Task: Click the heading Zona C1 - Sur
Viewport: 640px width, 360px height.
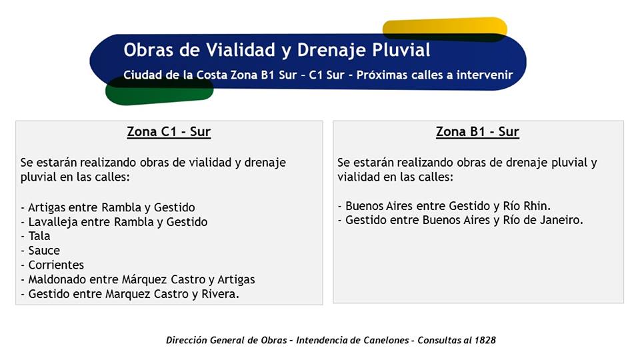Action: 169,132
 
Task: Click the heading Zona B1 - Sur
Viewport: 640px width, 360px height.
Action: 477,132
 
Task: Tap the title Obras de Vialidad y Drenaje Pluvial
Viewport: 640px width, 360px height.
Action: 277,50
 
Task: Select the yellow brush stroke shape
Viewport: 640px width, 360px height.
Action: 445,29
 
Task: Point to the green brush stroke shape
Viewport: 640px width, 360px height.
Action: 159,91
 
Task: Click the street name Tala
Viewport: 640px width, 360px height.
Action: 39,236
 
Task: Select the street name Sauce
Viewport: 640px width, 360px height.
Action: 44,250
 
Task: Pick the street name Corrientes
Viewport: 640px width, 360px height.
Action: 56,265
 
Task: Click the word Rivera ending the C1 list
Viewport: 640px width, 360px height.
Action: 219,294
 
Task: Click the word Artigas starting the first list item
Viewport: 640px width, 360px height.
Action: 47,208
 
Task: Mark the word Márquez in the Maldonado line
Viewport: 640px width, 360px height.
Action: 145,279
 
